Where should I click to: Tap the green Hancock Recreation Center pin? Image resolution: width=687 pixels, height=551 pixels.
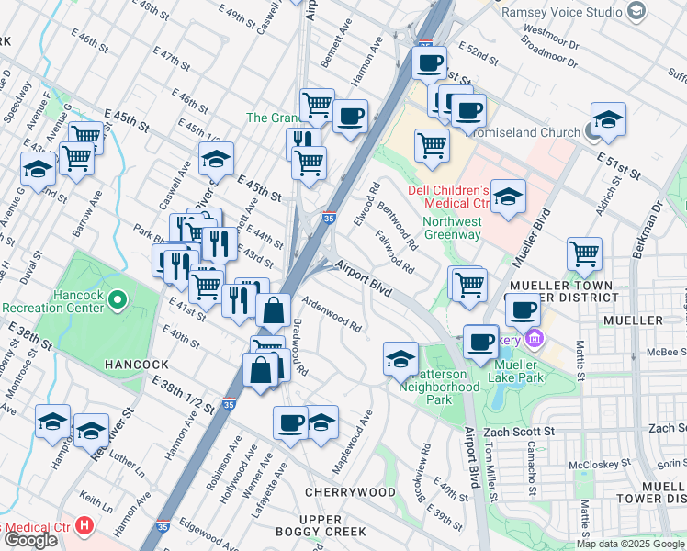point(118,299)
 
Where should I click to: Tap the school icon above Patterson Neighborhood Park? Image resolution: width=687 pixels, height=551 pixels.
point(400,360)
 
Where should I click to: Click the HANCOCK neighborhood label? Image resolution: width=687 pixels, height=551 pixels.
point(136,365)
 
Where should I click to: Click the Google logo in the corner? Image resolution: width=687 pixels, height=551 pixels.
point(30,539)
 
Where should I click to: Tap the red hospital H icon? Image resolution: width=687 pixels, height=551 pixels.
point(84,526)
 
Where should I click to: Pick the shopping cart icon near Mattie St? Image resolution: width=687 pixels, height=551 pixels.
point(584,253)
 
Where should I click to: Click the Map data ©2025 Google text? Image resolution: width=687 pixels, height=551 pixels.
point(631,544)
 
